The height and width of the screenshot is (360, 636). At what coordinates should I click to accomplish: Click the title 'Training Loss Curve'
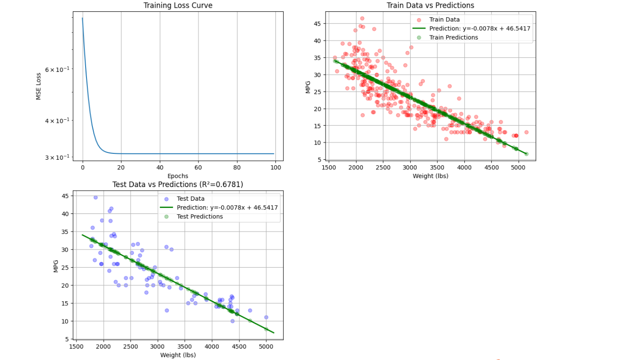[x=178, y=5]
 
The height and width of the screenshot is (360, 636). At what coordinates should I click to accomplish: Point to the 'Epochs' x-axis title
[x=178, y=176]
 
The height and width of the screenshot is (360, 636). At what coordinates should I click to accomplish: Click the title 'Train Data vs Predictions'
[x=430, y=5]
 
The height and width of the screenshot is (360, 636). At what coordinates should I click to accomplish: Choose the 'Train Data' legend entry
[x=444, y=20]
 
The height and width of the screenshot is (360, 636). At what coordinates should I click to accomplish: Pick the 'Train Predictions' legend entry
[x=453, y=37]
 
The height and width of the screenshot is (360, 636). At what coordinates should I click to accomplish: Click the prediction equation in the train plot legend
[x=480, y=28]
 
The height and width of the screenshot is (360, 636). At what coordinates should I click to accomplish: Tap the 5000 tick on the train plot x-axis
[x=519, y=167]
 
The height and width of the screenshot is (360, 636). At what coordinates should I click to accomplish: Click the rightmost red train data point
[x=526, y=132]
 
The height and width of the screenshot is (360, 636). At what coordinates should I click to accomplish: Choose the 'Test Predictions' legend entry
[x=200, y=217]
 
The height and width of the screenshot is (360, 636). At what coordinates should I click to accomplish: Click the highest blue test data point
[x=96, y=198]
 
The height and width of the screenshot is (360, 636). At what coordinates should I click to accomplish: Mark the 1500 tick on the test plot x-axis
[x=76, y=346]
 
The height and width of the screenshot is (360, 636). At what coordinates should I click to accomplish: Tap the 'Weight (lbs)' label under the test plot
[x=178, y=355]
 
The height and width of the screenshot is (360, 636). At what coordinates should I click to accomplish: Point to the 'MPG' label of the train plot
[x=308, y=87]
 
